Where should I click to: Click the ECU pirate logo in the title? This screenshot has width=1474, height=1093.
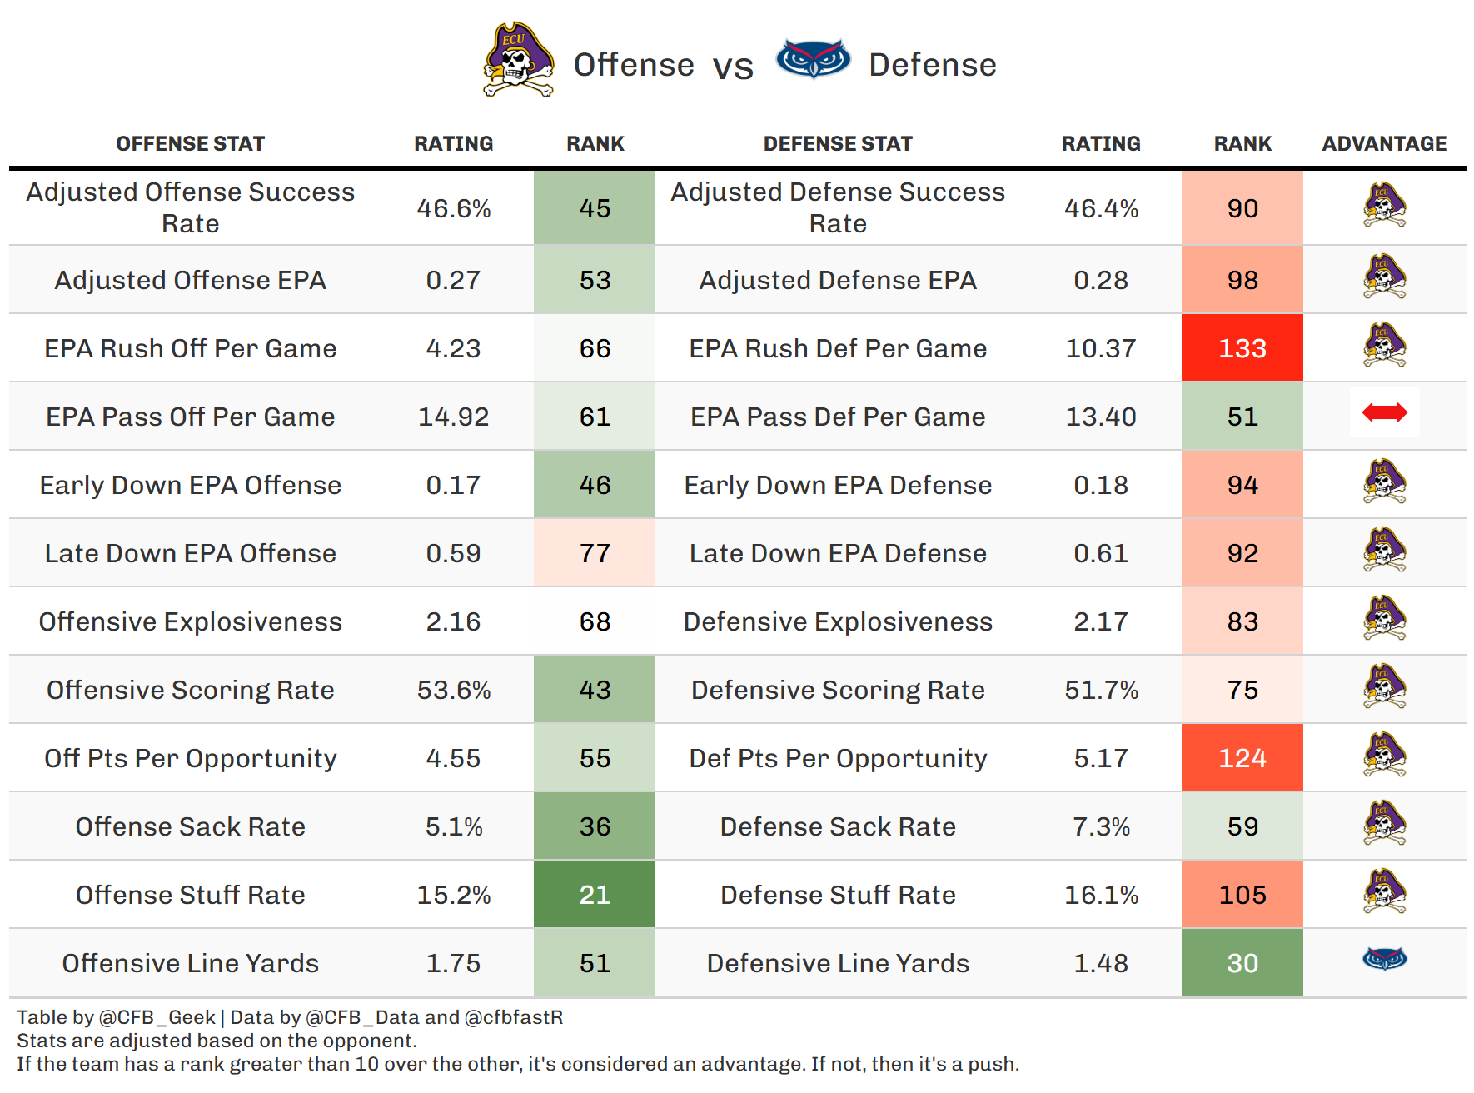coord(518,60)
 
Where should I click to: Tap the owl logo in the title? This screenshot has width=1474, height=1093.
coord(813,60)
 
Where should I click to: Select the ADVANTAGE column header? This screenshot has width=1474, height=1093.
coord(1384,144)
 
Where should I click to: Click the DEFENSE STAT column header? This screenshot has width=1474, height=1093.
coord(838,144)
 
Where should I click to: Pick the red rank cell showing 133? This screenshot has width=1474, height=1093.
coord(1242,348)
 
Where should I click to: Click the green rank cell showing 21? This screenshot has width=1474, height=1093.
coord(595,895)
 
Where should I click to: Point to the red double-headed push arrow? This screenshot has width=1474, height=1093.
coord(1384,412)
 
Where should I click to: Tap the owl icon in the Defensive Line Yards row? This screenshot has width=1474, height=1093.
coord(1384,959)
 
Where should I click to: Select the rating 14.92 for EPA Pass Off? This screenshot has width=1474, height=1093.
coord(453,417)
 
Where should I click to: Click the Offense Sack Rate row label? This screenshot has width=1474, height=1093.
coord(191,826)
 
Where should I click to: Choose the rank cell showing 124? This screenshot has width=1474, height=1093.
coord(1242,758)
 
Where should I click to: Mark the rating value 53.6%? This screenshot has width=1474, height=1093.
coord(453,690)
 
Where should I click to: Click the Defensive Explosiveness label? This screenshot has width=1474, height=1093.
coord(838,621)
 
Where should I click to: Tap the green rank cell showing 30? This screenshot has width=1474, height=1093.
coord(1242,963)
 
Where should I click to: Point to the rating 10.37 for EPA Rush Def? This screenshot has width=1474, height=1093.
coord(1100,348)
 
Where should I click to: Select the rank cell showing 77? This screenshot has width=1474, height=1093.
coord(595,553)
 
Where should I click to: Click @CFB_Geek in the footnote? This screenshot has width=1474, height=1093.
coord(157,1017)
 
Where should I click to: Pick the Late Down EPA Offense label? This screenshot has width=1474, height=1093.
coord(191,553)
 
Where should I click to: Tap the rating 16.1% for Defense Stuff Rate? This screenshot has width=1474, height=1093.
coord(1100,895)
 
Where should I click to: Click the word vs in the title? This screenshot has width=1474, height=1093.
coord(733,67)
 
